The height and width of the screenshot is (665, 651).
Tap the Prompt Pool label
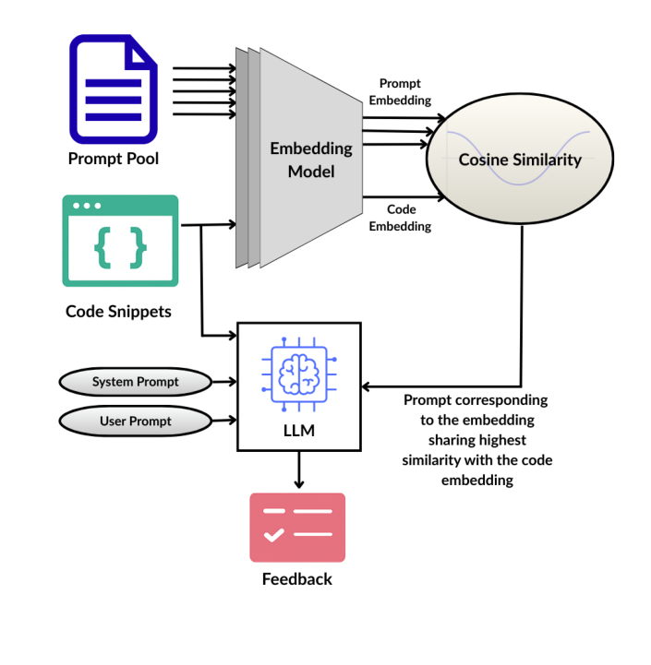[114, 159]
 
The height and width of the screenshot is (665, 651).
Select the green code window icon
[119, 241]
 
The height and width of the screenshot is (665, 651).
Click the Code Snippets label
[118, 312]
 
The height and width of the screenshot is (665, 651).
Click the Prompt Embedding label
[400, 92]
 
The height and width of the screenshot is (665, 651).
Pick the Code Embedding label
[400, 219]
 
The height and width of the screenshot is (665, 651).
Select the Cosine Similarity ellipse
[520, 160]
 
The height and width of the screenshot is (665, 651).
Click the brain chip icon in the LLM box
[298, 374]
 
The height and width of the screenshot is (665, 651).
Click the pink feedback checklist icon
[297, 528]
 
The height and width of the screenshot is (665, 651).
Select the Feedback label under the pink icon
[297, 579]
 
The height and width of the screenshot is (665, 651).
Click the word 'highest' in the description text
[502, 440]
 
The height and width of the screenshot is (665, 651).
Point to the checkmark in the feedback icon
[274, 535]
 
